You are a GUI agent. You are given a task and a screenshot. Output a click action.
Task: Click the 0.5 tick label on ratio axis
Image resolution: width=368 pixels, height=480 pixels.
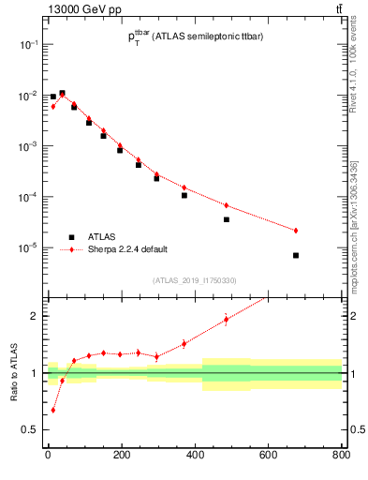click(x=30, y=429)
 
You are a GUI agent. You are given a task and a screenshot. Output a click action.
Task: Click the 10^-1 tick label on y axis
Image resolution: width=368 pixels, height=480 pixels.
click(x=28, y=45)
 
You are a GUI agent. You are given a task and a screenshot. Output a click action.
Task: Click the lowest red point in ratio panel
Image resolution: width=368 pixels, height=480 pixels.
click(x=52, y=410)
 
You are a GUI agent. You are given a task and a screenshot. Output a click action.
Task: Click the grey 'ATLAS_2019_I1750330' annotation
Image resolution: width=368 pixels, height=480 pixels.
click(x=195, y=280)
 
